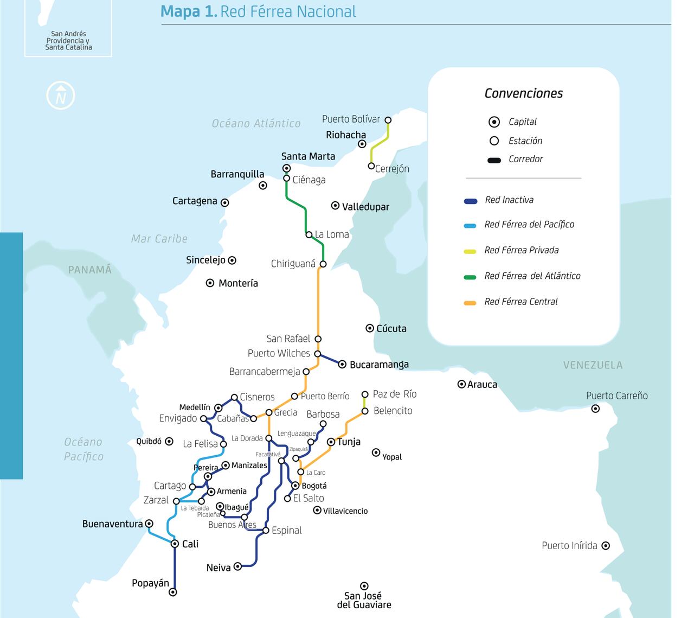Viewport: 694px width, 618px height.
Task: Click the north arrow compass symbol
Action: click(61, 96)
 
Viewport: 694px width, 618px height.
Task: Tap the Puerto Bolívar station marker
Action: click(388, 120)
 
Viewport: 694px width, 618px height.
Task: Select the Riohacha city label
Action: click(346, 135)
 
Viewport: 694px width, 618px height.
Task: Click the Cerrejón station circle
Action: click(371, 166)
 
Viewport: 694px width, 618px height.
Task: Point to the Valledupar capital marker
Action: click(335, 206)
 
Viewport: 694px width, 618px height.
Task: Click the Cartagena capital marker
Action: click(224, 203)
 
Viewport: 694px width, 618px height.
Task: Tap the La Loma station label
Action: click(332, 234)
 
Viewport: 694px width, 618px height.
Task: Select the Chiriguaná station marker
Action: click(323, 264)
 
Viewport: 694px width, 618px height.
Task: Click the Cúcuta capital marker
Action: click(370, 328)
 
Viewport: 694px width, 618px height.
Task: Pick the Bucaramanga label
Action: click(379, 365)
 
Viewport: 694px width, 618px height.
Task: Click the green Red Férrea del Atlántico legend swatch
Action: click(470, 277)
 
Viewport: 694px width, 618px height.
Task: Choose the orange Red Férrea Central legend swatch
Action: click(470, 303)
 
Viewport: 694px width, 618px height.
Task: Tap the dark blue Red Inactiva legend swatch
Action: click(470, 201)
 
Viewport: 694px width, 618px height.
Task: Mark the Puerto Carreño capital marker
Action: click(595, 409)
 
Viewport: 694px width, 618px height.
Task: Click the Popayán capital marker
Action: click(173, 592)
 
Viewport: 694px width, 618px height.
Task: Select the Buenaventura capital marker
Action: click(149, 524)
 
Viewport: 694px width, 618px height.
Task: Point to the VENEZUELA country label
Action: click(593, 365)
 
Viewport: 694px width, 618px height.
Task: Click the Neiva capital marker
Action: click(237, 566)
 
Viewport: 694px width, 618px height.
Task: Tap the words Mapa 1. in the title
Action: click(189, 11)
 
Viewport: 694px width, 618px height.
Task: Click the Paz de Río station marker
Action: click(365, 394)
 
